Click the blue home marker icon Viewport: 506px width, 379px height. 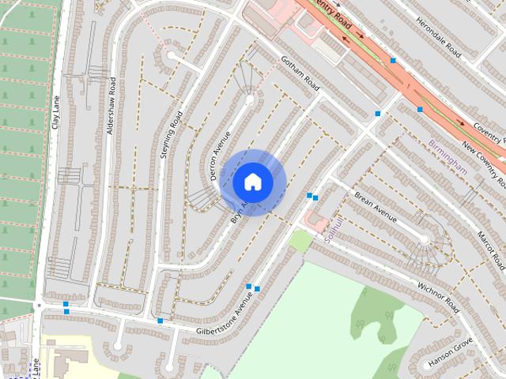pos(253,182)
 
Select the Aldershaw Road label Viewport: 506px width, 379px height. pos(111,105)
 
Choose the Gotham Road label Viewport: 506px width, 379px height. pos(300,73)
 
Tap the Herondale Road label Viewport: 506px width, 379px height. pos(438,37)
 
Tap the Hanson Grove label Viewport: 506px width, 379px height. pos(450,352)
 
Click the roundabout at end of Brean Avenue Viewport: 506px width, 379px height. pos(425,238)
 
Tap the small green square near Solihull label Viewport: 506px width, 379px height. pos(300,241)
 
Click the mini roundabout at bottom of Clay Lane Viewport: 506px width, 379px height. pos(38,305)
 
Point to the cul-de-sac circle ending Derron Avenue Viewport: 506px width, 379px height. pos(250,99)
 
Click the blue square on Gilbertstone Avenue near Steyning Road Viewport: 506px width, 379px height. pos(160,321)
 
